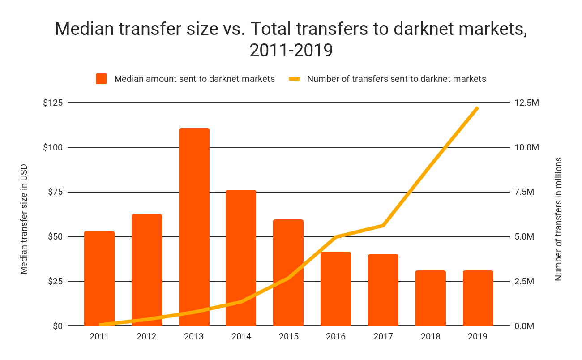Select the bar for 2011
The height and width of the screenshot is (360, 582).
[x=99, y=278]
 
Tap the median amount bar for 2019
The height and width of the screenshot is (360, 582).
[x=478, y=298]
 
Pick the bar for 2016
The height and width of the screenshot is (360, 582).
[x=336, y=288]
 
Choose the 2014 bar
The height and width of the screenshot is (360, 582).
[x=241, y=257]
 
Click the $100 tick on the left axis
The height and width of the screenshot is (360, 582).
[x=53, y=147]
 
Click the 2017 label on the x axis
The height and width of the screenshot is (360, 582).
[x=383, y=336]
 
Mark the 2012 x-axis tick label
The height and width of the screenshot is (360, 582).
[x=147, y=336]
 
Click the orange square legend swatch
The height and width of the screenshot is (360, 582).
[x=102, y=79]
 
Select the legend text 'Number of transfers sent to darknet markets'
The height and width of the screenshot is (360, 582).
[x=396, y=79]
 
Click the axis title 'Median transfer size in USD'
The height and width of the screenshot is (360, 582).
[x=24, y=219]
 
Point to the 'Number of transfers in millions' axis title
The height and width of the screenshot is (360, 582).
[x=558, y=219]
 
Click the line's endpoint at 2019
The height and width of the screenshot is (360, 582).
[x=478, y=108]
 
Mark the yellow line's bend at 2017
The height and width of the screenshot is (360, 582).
[x=383, y=225]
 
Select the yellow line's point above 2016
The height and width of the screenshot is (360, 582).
[x=336, y=236]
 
